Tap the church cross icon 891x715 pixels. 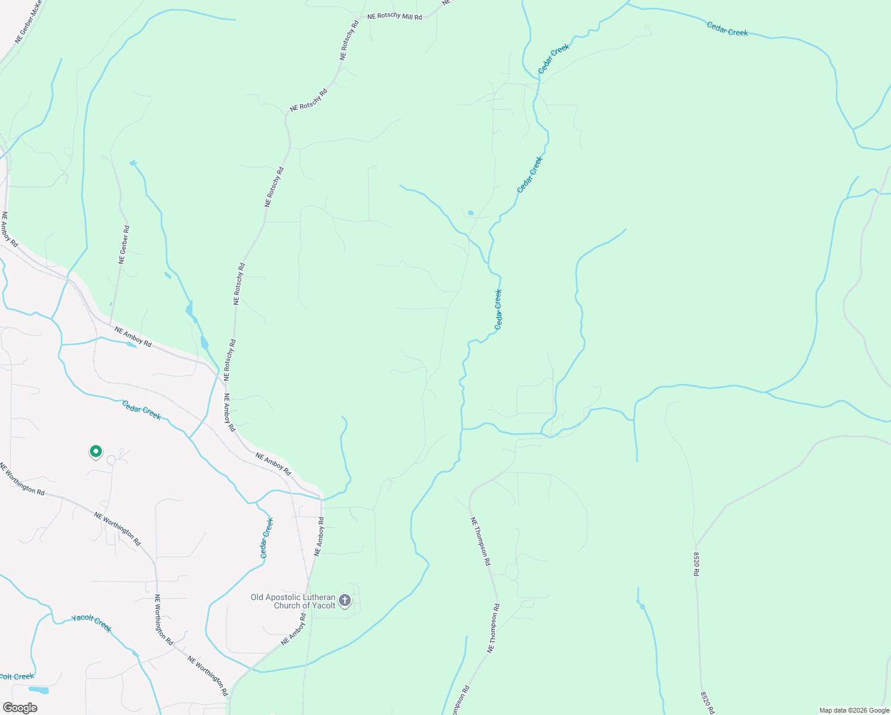point(345,601)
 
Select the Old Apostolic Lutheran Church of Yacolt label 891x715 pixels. point(293,601)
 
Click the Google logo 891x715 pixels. point(20,707)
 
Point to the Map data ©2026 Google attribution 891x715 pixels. point(854,710)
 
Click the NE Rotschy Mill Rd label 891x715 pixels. point(394,16)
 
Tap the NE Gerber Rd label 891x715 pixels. point(124,244)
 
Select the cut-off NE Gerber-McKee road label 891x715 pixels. point(28,21)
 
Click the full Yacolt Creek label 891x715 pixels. point(91,623)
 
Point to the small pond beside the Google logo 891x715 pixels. point(39,690)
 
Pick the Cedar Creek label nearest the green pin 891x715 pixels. point(141,410)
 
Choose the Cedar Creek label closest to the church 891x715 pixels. point(266,538)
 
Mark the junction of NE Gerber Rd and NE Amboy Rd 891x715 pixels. point(110,325)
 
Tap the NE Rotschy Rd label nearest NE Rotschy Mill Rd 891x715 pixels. point(350,40)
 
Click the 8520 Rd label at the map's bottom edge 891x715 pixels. point(706,703)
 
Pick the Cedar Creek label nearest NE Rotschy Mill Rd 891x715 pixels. point(554,58)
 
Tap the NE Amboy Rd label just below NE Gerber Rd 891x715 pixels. point(133,337)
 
